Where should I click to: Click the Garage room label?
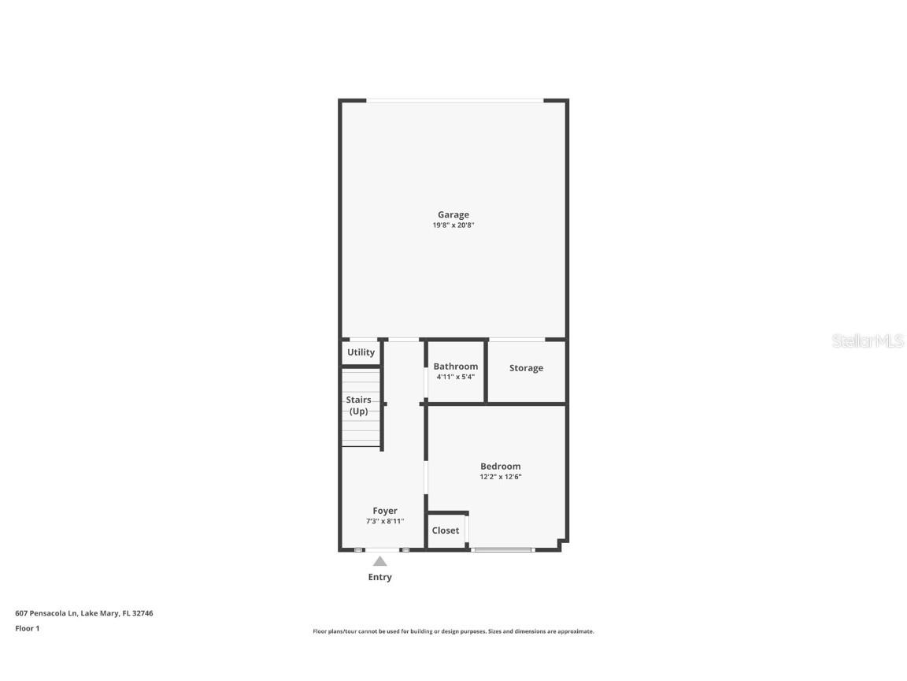(x=453, y=214)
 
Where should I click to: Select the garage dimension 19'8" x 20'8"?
(x=453, y=225)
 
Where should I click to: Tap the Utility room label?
(x=361, y=352)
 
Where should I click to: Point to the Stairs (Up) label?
(x=358, y=405)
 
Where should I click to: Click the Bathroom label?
(x=455, y=367)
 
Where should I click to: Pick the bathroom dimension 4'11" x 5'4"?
(x=455, y=377)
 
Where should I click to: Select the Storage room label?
(x=526, y=368)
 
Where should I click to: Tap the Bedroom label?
(x=500, y=467)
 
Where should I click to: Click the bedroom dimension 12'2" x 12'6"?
(x=500, y=477)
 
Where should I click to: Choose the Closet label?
(x=446, y=530)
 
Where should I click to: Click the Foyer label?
(x=385, y=511)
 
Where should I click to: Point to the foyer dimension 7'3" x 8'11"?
(x=385, y=521)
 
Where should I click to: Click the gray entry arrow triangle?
(x=379, y=561)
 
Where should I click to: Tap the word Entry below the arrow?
(x=379, y=577)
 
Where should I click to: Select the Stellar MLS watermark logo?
(x=868, y=341)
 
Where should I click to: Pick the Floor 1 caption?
(x=27, y=628)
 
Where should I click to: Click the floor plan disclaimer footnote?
(x=453, y=631)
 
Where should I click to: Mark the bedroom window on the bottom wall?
(x=502, y=549)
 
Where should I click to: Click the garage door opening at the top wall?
(x=454, y=100)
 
